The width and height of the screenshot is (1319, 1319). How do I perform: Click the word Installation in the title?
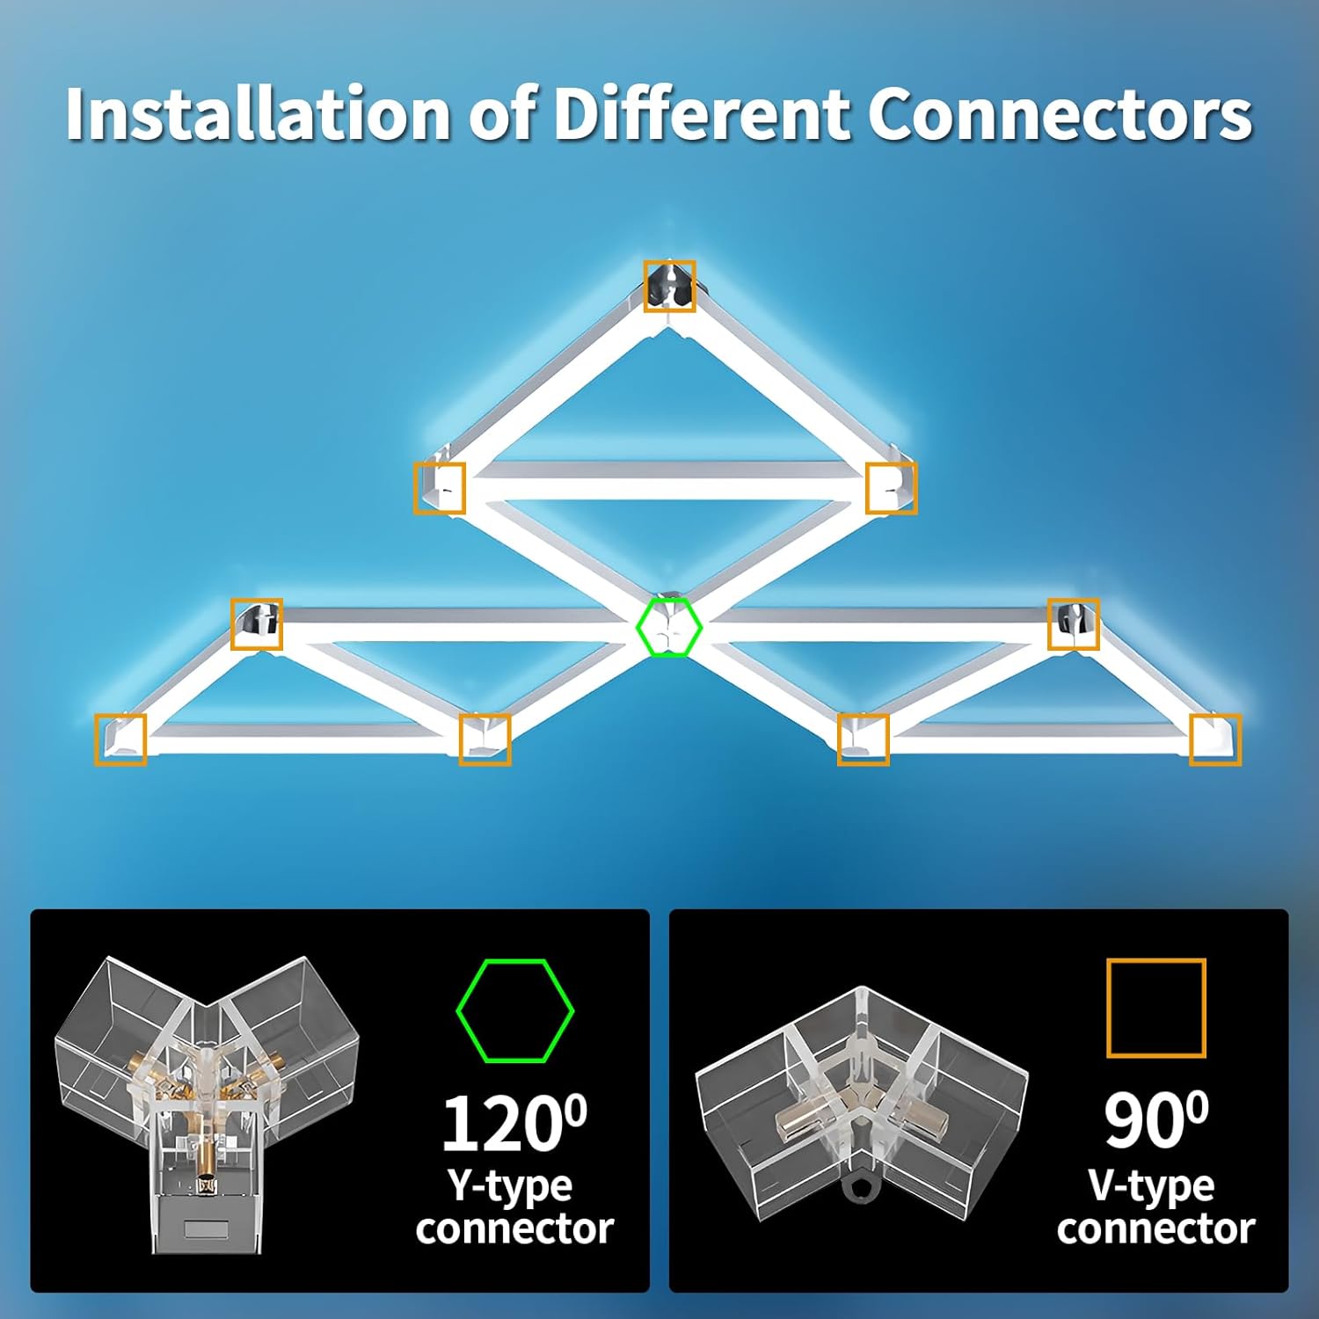point(258,114)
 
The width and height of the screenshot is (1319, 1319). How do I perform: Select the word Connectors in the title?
point(1060,114)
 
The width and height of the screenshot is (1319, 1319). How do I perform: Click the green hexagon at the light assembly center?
point(668,627)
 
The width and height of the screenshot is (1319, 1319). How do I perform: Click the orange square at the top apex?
point(669,286)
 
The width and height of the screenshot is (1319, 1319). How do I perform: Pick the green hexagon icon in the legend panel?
point(514,1010)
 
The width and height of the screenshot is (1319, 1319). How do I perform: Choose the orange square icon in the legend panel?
point(1155,1008)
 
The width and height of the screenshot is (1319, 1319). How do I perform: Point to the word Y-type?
point(510,1185)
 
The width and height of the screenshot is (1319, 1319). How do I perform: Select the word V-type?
point(1151,1185)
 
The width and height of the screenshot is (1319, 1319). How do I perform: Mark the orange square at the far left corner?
point(120,740)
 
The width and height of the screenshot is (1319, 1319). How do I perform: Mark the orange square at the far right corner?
point(1215,740)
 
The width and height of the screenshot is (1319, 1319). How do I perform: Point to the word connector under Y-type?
point(514,1228)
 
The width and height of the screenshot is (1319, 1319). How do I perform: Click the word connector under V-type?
point(1155,1228)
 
